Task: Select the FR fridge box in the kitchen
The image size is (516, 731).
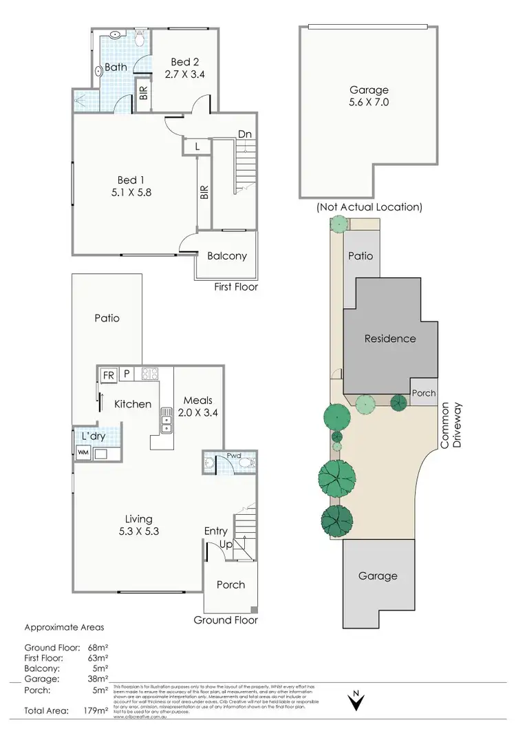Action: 108,375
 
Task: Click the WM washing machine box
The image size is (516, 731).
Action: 83,453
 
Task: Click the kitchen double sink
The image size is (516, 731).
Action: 166,421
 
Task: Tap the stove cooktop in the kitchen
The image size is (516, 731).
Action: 150,374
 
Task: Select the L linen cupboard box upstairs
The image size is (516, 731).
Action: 197,146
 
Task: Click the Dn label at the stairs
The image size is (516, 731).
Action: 244,134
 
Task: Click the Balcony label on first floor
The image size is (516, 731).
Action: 226,256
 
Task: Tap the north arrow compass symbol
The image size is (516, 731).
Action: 356,701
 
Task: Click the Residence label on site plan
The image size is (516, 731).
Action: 390,338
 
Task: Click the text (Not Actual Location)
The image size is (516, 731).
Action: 369,206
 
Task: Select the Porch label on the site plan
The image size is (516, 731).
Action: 423,393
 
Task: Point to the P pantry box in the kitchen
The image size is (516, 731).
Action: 127,375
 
